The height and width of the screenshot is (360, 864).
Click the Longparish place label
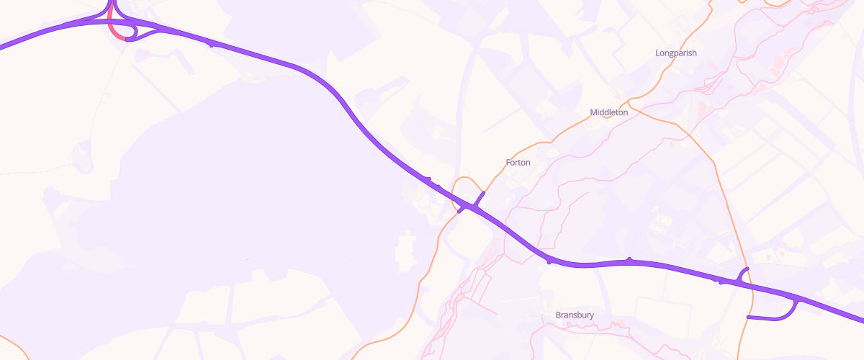coord(676,53)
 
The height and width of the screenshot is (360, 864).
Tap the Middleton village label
coord(608,112)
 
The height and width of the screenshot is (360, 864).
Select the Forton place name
coord(518,163)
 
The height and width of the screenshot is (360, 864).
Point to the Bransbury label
coord(575,315)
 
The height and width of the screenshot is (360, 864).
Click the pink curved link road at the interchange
coord(113,31)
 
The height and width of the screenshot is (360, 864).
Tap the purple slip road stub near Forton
coord(477,199)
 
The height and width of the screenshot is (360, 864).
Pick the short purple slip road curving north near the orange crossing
coord(744,273)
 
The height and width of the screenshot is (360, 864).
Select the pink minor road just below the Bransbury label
coord(576,325)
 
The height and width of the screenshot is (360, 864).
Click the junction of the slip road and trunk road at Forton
coord(470,207)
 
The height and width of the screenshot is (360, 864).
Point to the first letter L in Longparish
coord(658,53)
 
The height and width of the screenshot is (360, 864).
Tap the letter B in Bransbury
coord(559,315)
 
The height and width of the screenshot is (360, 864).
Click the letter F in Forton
coord(508,163)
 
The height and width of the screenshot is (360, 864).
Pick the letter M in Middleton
coord(593,112)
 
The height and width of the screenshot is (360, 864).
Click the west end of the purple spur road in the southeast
coord(750,317)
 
